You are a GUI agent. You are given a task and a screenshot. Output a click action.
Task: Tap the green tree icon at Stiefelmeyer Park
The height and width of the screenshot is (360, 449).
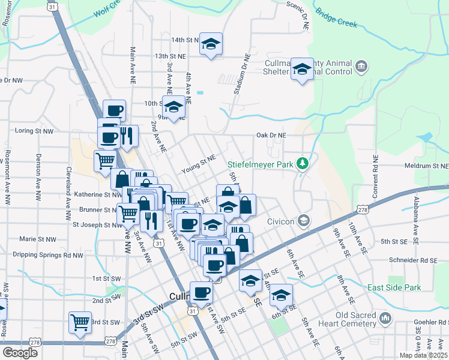tap(304, 163)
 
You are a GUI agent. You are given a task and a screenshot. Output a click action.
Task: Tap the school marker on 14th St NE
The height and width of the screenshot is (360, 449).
tap(211, 43)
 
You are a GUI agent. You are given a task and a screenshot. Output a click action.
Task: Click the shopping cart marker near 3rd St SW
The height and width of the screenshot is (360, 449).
tap(80, 322)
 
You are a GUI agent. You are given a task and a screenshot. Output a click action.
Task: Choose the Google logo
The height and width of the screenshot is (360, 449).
tap(20, 352)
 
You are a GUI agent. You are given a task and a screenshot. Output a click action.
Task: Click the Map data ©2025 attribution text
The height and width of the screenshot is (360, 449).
tap(424, 355)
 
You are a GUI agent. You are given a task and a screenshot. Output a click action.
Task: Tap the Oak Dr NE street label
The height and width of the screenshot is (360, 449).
tap(271, 136)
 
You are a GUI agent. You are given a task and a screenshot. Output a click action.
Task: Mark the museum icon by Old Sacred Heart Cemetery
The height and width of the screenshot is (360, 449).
tap(385, 317)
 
